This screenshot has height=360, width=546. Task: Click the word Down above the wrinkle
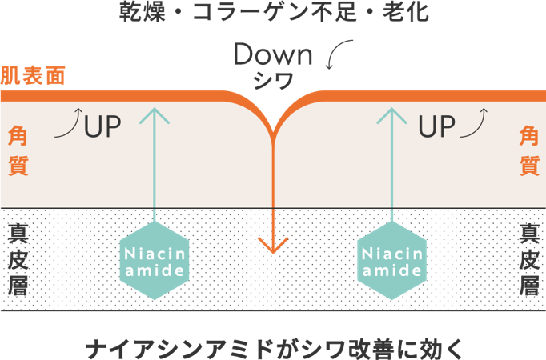[271, 55]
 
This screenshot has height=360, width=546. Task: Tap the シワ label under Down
[272, 79]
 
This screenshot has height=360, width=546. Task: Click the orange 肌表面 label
[32, 76]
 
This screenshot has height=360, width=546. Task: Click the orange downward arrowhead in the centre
[273, 243]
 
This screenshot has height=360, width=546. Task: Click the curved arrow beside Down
[340, 54]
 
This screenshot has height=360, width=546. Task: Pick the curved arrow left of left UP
[69, 124]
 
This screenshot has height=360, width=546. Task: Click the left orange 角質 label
[18, 150]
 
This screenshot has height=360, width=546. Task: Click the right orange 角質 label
[528, 150]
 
